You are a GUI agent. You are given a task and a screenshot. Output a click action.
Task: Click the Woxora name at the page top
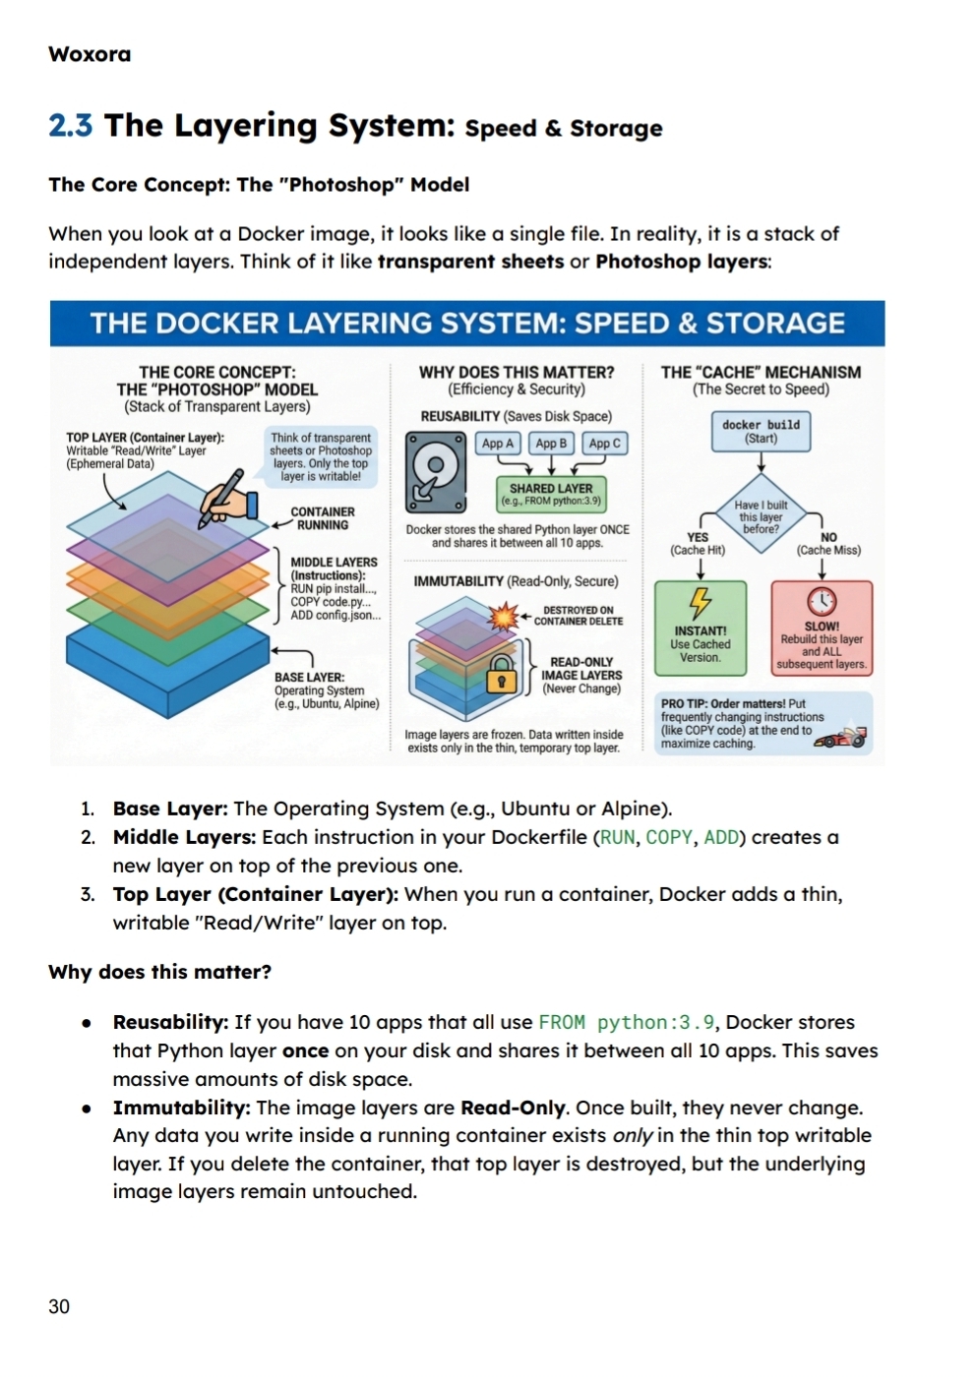click(90, 54)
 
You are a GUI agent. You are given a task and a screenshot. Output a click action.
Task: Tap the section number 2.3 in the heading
click(70, 126)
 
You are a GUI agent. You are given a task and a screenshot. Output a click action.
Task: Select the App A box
click(498, 444)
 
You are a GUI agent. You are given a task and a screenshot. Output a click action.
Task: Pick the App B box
click(551, 444)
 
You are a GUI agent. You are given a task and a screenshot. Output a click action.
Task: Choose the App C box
click(604, 444)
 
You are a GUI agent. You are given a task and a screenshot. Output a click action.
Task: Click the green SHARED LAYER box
click(551, 493)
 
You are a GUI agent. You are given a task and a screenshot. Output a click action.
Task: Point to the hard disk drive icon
click(436, 472)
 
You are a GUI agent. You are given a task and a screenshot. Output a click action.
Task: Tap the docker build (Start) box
click(761, 431)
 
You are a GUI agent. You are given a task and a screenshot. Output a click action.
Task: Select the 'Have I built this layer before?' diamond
click(761, 516)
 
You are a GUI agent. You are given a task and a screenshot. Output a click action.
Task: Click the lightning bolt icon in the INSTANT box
click(700, 601)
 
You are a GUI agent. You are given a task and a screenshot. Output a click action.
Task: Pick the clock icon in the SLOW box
click(822, 601)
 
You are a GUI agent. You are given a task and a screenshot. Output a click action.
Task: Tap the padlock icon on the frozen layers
click(502, 675)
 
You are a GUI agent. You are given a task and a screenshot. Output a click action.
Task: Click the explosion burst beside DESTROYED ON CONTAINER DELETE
click(505, 617)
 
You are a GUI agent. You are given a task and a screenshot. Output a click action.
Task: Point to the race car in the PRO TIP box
click(841, 737)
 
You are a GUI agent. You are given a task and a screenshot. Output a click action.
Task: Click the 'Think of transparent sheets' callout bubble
click(321, 456)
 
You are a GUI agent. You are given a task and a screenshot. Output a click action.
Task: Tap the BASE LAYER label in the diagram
click(309, 678)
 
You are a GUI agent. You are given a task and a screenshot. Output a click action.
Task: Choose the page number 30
click(59, 1306)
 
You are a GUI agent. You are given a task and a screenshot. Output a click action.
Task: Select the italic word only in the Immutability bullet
click(633, 1136)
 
